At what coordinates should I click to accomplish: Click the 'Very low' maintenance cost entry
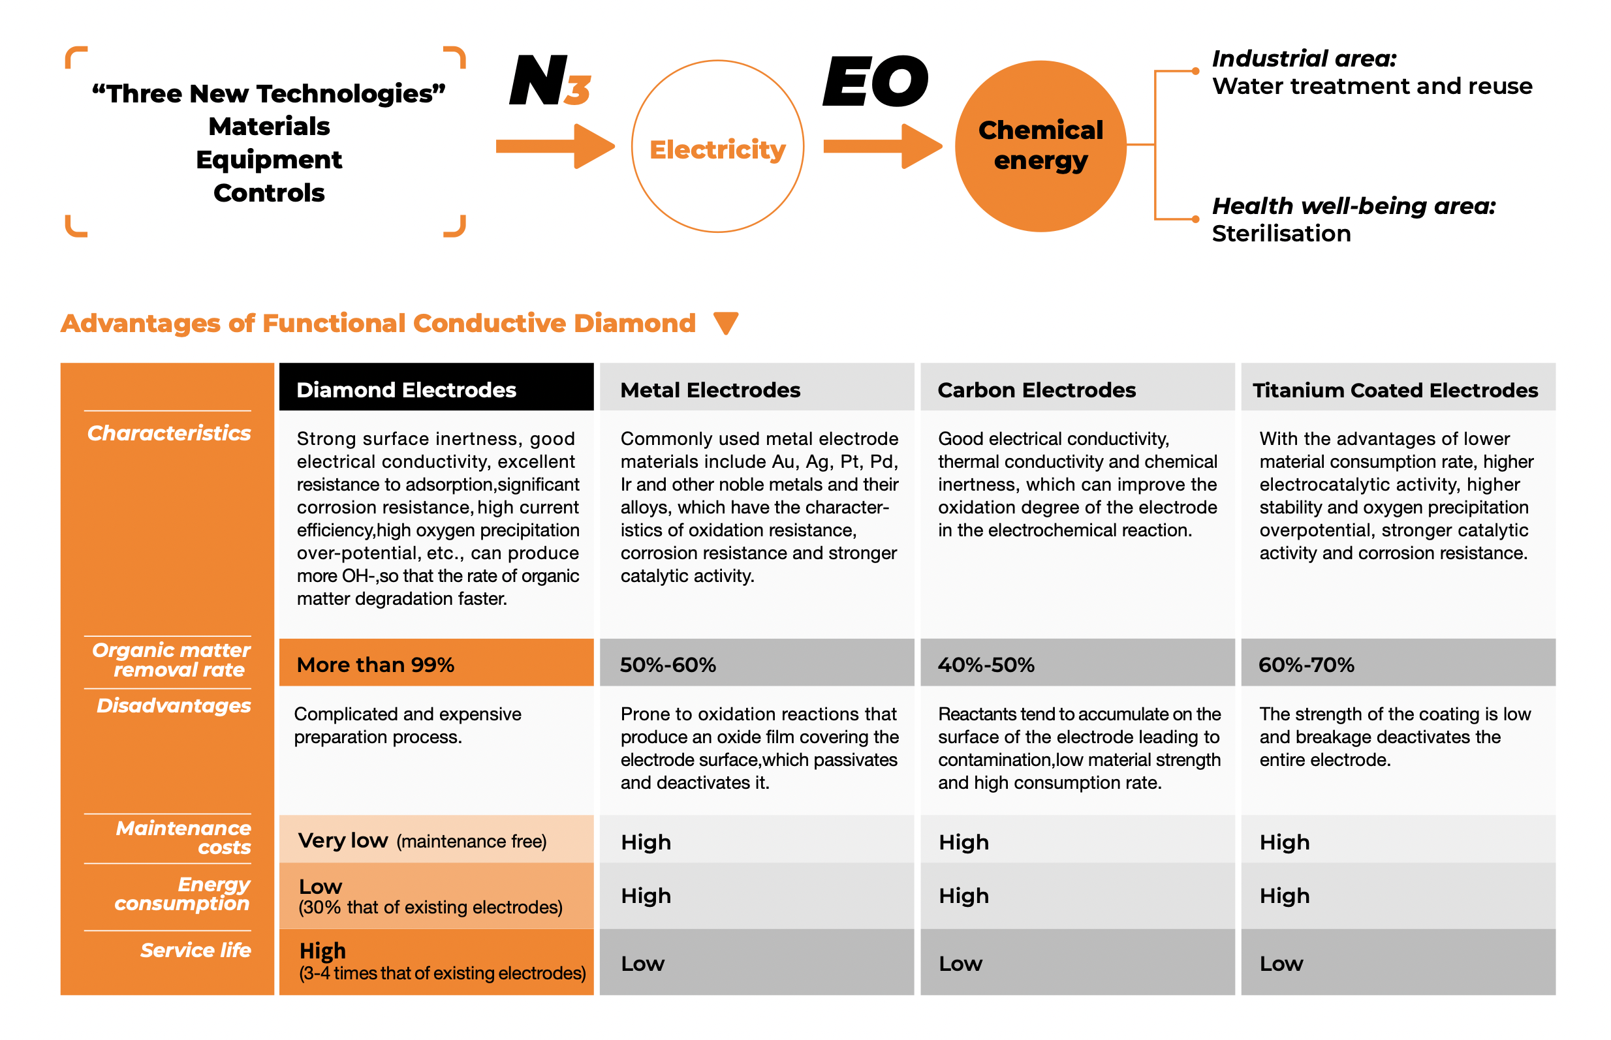[x=343, y=840]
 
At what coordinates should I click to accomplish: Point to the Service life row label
[x=195, y=950]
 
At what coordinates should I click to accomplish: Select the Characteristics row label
[x=169, y=433]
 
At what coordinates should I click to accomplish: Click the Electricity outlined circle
[x=717, y=147]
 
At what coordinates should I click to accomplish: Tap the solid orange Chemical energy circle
[x=1040, y=147]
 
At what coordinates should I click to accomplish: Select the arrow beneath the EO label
[x=882, y=146]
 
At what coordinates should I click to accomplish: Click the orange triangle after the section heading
[x=726, y=323]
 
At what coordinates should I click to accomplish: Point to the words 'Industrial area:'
[x=1304, y=59]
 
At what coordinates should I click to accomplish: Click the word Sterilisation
[x=1281, y=234]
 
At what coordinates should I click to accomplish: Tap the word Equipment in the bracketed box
[x=269, y=160]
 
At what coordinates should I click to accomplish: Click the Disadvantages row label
[x=174, y=706]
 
